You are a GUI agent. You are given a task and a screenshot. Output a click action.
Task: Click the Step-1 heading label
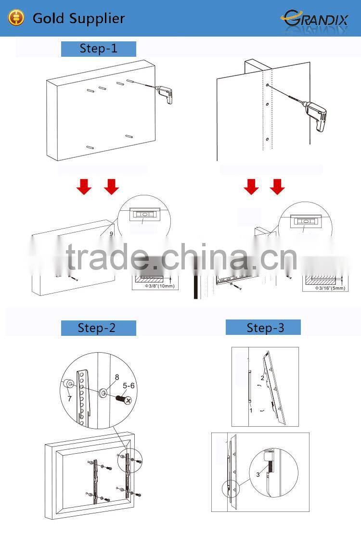coord(98,49)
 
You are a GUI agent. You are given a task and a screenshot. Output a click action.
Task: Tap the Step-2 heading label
coord(98,328)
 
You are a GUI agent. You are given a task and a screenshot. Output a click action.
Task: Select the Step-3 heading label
coord(263,328)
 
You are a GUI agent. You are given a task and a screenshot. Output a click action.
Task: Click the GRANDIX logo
coord(315,18)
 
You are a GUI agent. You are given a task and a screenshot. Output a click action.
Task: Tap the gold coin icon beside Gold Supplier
coord(17,18)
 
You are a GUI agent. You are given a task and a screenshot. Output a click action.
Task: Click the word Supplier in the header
coord(99,18)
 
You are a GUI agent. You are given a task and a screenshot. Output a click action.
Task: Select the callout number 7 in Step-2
coord(69,399)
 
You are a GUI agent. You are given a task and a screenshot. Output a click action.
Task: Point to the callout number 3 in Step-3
coord(258,474)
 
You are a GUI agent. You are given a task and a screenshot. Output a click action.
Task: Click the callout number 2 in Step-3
coord(262,378)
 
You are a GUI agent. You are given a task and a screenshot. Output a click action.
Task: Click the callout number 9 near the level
coord(111,233)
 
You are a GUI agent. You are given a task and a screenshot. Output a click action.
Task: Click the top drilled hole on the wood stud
coord(267,86)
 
